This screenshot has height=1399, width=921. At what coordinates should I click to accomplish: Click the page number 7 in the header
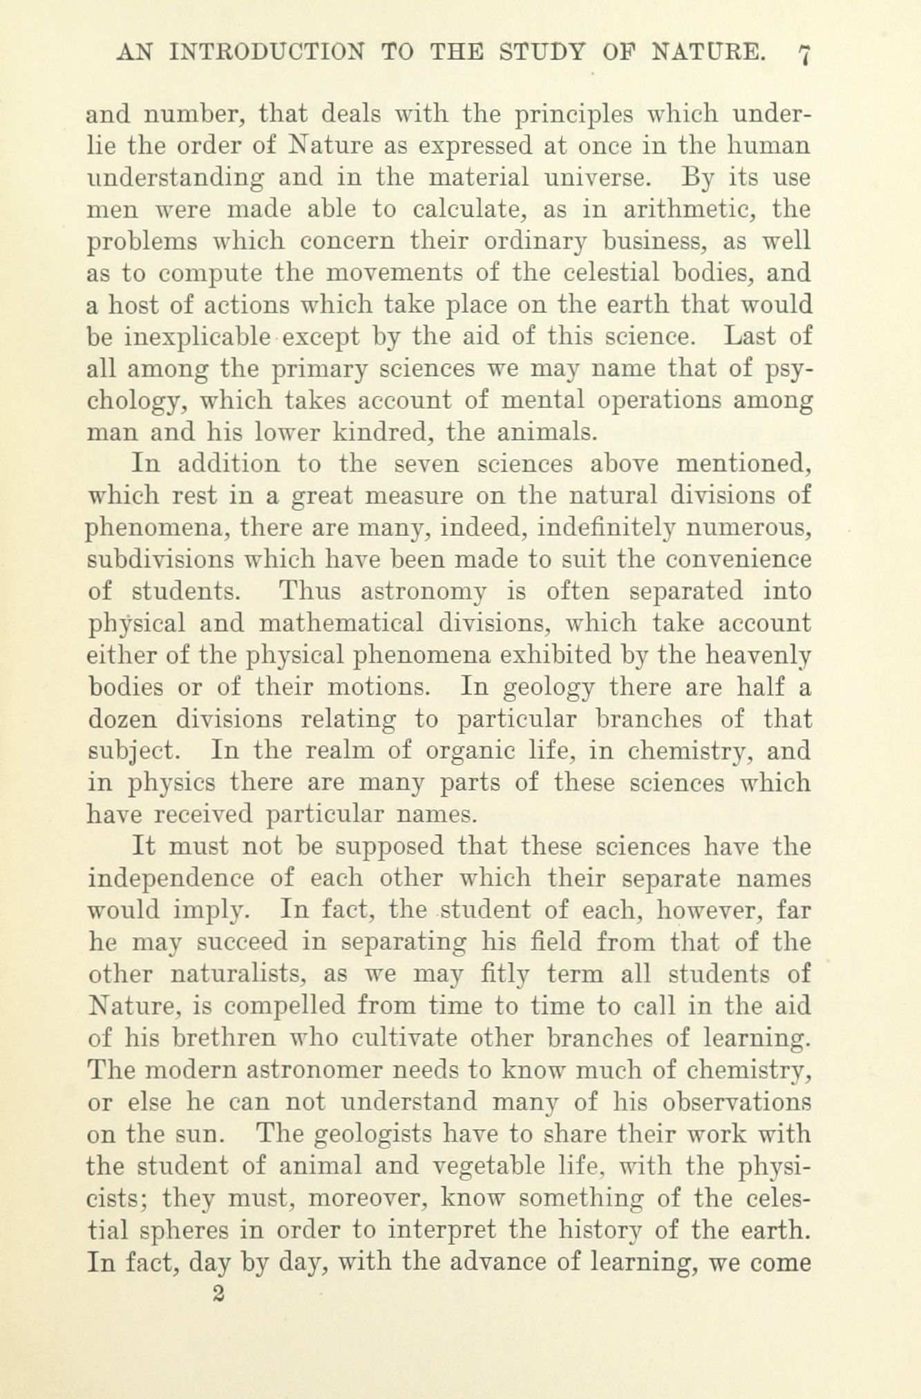[804, 53]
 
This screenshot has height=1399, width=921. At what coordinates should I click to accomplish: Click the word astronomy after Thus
[424, 592]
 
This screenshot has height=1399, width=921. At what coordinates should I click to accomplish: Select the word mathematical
[340, 624]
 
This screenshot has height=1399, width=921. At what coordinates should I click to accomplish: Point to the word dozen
[122, 719]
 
